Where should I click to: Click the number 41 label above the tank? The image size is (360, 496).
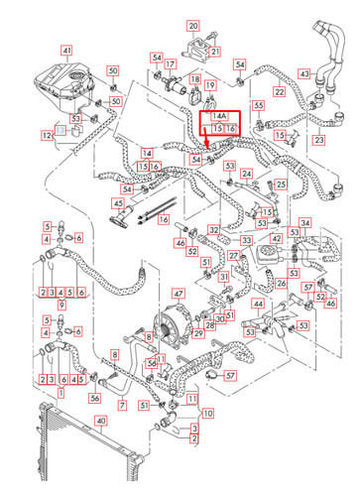(x=66, y=51)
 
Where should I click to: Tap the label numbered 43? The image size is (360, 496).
(x=304, y=72)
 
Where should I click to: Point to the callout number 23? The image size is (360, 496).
(x=319, y=141)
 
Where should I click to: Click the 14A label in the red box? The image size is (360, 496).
(x=218, y=117)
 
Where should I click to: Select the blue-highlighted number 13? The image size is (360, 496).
(x=59, y=129)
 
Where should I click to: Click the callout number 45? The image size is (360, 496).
(x=118, y=203)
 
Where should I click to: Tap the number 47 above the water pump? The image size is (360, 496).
(x=179, y=294)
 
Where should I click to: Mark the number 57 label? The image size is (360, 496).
(x=230, y=377)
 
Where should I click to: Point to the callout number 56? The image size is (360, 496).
(x=95, y=397)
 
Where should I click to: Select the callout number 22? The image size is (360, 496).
(x=280, y=92)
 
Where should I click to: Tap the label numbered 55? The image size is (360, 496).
(x=259, y=105)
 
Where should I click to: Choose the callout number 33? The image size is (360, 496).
(x=245, y=241)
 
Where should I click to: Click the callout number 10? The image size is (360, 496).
(x=206, y=412)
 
